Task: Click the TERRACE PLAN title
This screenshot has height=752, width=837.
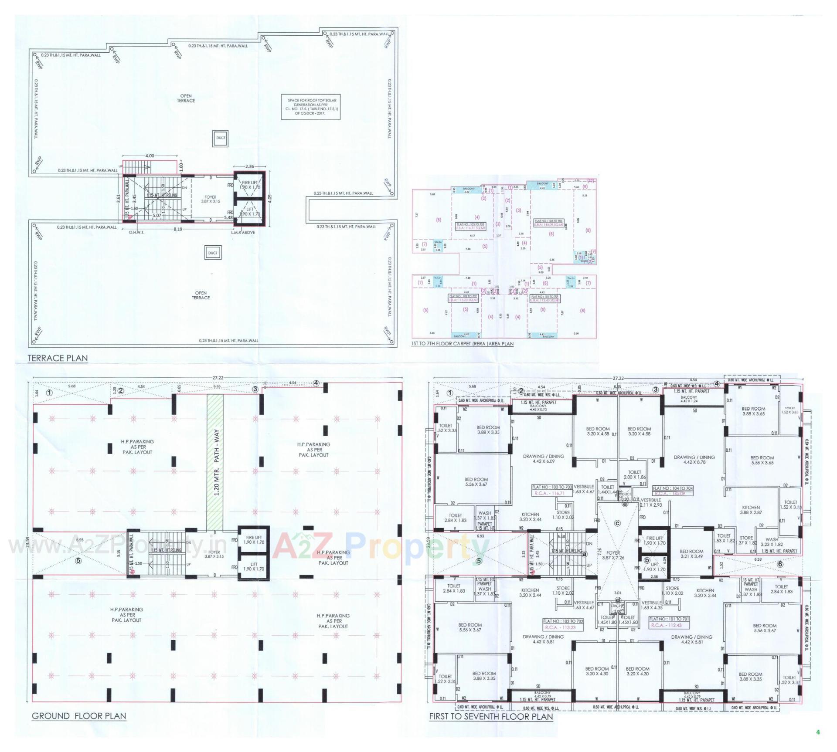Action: pos(58,358)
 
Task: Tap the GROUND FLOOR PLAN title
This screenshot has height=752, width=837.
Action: pos(79,716)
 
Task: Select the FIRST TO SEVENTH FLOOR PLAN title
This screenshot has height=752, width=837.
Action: pos(491,717)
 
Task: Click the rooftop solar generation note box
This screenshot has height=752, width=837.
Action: pos(309,106)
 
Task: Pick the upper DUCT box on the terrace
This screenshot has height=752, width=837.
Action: pos(221,138)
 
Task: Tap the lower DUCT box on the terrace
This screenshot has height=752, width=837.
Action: pos(212,253)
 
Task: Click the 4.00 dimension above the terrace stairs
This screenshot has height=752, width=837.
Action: pos(149,156)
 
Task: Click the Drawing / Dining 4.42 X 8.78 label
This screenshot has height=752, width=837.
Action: pos(694,460)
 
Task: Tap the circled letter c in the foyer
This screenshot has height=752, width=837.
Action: pos(617,523)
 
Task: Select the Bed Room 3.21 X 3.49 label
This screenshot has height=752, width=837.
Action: pos(691,554)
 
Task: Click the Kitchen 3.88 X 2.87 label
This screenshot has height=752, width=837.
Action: pos(751,510)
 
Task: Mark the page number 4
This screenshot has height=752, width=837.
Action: pos(818,732)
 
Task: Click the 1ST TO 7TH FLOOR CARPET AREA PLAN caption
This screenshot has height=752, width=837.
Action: pos(462,344)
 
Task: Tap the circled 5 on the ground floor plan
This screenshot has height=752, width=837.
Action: pos(78,561)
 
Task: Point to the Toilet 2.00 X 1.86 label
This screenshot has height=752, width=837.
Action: pos(634,474)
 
